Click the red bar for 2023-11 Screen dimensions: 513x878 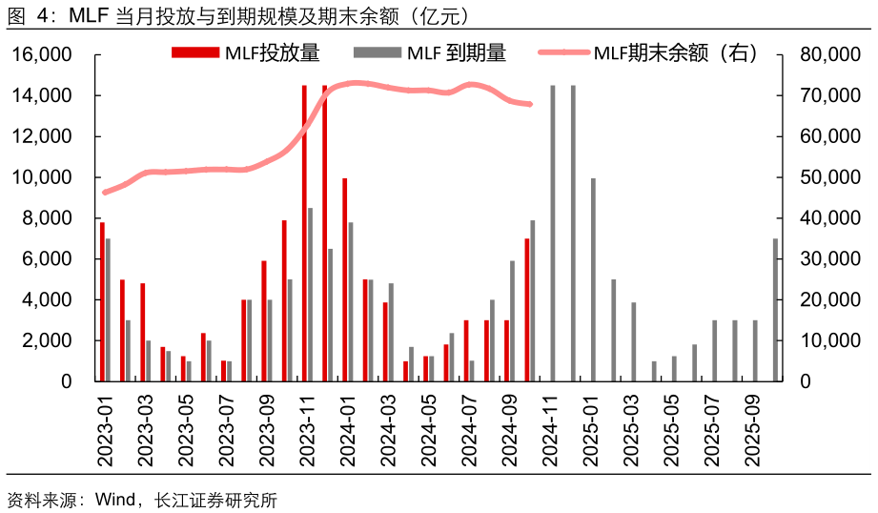click(x=304, y=234)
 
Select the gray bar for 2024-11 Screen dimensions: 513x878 click(x=553, y=234)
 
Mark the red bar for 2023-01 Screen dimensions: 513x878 click(x=102, y=301)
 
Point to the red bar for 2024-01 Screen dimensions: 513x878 click(x=344, y=279)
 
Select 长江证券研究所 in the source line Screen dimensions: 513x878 click(x=214, y=500)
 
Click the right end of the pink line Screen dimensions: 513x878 click(x=530, y=104)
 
